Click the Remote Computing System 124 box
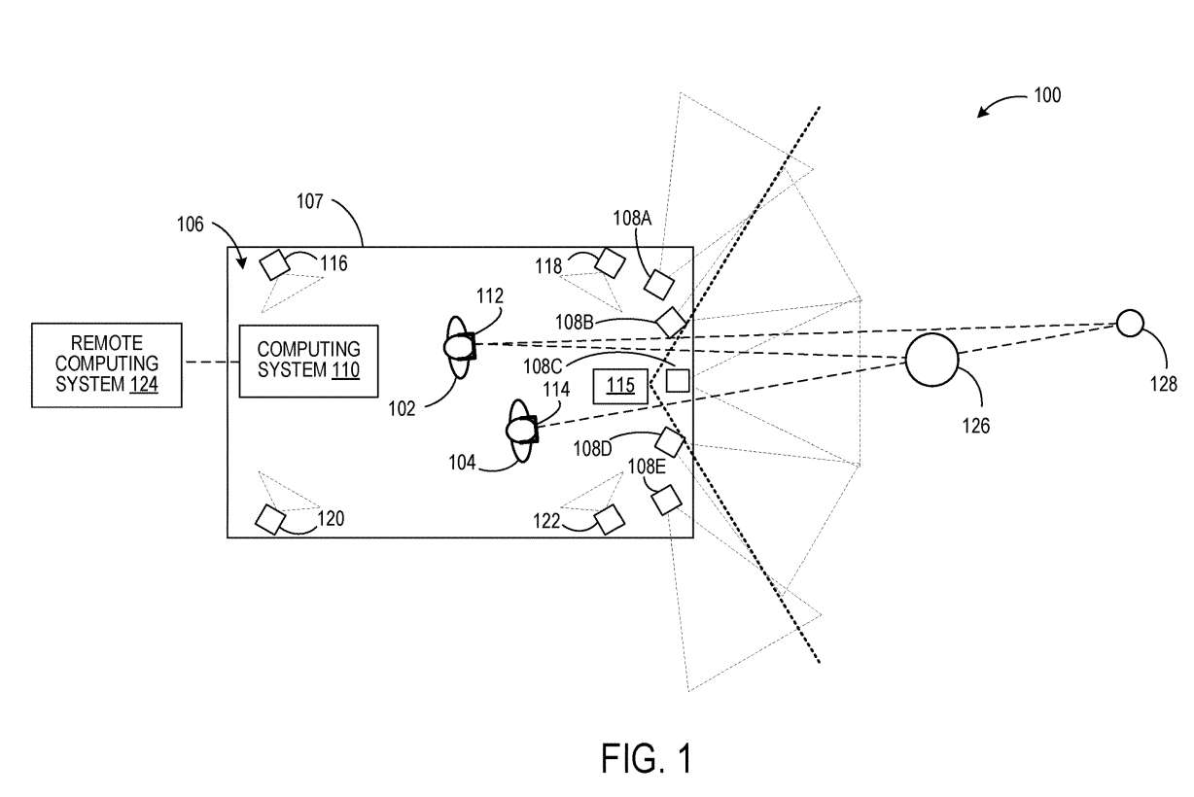[x=107, y=364]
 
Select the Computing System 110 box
[x=308, y=362]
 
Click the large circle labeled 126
[x=932, y=360]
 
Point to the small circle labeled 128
[x=1129, y=323]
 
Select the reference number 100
[x=1047, y=96]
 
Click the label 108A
[x=631, y=219]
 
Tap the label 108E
[x=647, y=466]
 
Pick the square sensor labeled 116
[x=275, y=264]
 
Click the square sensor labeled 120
[x=269, y=520]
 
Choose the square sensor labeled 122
[x=610, y=519]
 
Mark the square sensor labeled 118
[x=610, y=262]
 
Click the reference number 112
[x=490, y=295]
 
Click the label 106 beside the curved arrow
[x=191, y=225]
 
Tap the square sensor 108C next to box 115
[x=678, y=380]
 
